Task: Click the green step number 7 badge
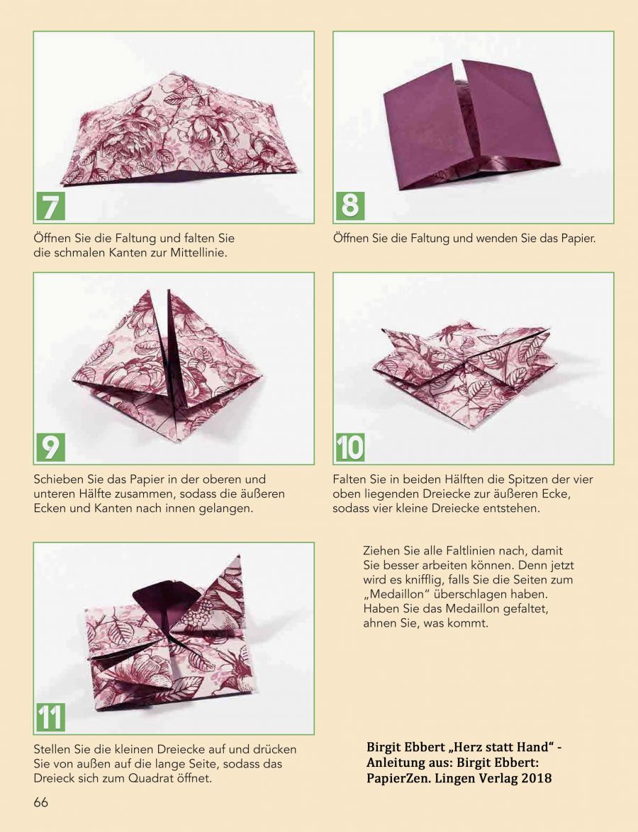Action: [x=50, y=207]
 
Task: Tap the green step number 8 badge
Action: [x=350, y=207]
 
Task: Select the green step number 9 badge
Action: [x=50, y=448]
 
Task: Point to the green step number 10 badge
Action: [x=350, y=448]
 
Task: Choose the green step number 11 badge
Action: [x=50, y=717]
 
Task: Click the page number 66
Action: [x=41, y=802]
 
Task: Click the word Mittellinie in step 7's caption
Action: [x=198, y=253]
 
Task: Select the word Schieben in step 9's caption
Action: [x=57, y=479]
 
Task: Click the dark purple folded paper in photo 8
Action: [x=471, y=125]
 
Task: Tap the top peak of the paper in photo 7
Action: [x=173, y=73]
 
